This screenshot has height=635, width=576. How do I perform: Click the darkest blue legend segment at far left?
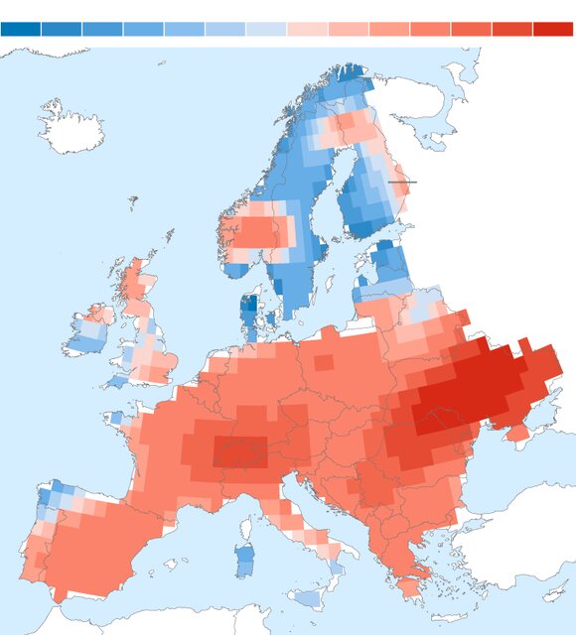click(21, 29)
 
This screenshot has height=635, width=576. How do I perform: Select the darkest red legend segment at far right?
click(552, 29)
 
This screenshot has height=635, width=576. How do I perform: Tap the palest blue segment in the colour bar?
click(265, 29)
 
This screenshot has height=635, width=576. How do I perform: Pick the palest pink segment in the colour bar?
click(306, 29)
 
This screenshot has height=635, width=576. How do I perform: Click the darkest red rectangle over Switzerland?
click(239, 451)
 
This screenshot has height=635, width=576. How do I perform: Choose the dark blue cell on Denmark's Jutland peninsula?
click(249, 309)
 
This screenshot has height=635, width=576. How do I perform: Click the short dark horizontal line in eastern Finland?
click(402, 182)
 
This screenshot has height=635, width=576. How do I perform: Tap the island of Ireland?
click(86, 332)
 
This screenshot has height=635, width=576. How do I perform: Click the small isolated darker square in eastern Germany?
click(324, 363)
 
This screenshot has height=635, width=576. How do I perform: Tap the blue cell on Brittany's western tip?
click(117, 418)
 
